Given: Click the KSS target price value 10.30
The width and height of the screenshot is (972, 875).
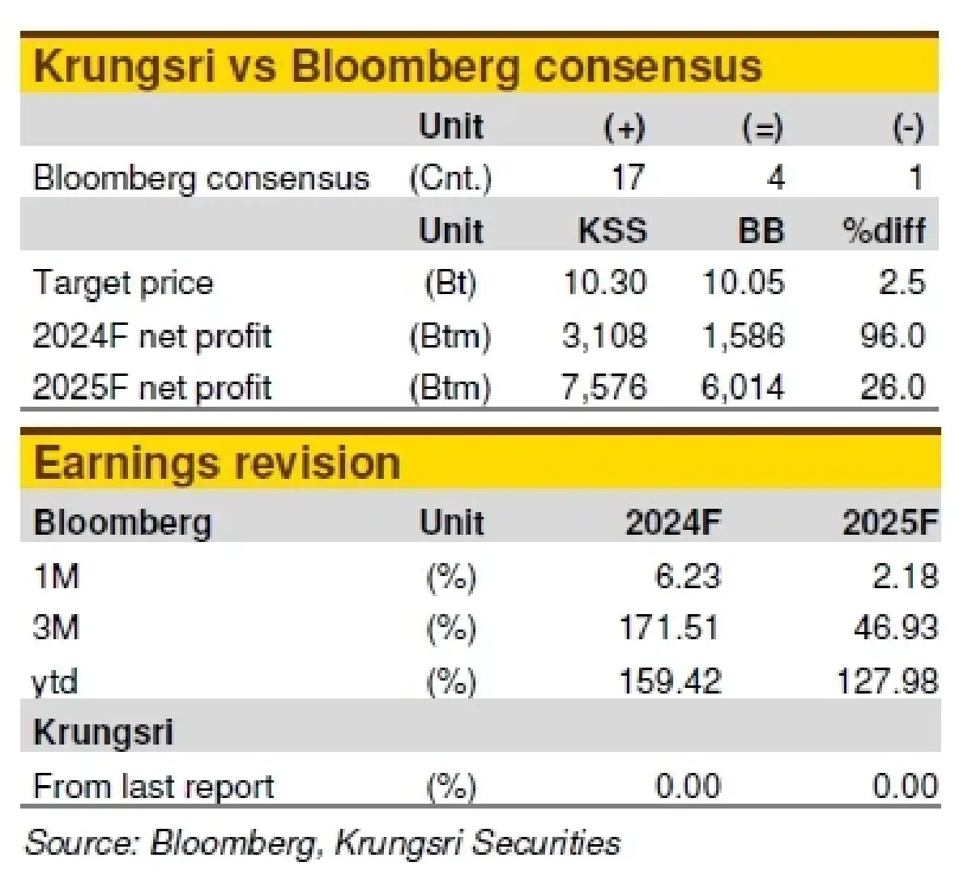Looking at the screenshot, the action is (605, 282).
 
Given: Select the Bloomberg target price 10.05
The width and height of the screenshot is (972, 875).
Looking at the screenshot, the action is (744, 282).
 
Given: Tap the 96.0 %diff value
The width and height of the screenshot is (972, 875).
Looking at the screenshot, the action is (893, 335).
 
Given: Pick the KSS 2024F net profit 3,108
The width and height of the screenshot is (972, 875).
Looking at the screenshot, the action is (605, 335).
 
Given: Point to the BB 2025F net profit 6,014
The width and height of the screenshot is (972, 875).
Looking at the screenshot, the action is (743, 387).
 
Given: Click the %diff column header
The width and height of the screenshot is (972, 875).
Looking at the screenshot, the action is (885, 230).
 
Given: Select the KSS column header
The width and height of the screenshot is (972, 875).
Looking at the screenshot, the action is (613, 230).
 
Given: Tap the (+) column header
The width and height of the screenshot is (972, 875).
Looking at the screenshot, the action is (625, 127).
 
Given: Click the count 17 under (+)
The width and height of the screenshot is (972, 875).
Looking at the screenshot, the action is (628, 177).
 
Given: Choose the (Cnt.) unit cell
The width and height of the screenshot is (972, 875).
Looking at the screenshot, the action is (450, 179).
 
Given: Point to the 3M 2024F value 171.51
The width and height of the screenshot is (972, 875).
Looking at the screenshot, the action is (669, 628).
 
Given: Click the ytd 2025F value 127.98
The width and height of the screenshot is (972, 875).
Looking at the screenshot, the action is (887, 681).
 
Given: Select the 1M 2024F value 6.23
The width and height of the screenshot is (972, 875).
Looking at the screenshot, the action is (688, 576).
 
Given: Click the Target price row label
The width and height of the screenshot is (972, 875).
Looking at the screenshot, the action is (123, 284).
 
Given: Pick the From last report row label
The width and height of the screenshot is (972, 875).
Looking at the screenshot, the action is (154, 787).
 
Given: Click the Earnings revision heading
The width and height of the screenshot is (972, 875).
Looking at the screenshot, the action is (218, 463).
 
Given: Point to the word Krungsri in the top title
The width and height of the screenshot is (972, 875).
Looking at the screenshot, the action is (125, 66).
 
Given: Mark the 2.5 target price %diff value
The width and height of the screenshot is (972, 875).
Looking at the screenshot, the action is (902, 282).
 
